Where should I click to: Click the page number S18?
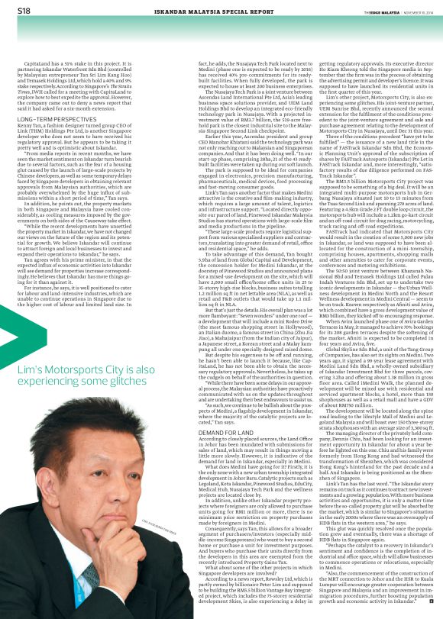24,11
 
